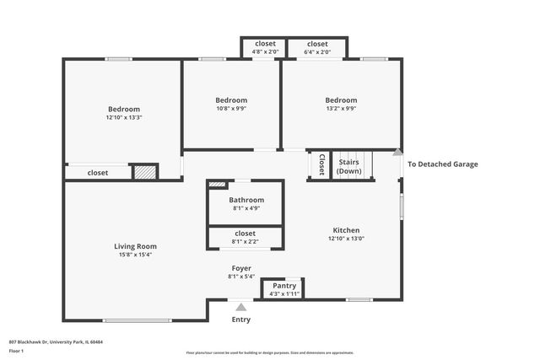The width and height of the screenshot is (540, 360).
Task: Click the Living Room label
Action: click(135, 246)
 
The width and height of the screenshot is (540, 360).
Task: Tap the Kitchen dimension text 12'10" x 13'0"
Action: click(346, 238)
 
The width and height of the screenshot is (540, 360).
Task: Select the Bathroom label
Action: click(246, 200)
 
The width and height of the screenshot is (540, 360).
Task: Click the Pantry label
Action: click(284, 286)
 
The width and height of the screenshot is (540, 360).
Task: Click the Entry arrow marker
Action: click(241, 308)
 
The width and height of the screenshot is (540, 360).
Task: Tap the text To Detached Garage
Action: click(442, 164)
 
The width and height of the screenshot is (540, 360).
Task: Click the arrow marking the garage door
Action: click(397, 153)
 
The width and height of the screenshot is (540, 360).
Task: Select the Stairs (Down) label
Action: click(349, 166)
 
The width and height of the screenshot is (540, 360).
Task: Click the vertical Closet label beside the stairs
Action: click(321, 165)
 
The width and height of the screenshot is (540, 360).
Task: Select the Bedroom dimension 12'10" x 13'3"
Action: click(123, 117)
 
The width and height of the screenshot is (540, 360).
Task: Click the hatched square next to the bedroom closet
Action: click(145, 171)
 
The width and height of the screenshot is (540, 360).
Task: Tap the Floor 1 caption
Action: click(17, 350)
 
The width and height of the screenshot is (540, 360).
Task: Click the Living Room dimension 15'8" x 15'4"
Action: click(135, 255)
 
